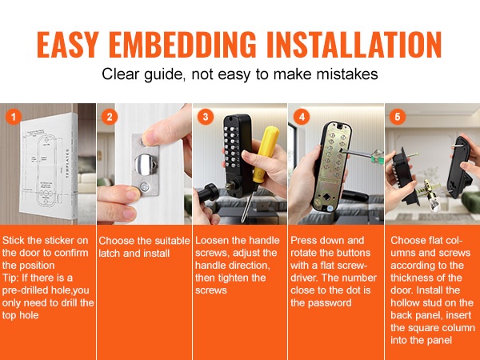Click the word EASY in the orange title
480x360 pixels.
[67, 44]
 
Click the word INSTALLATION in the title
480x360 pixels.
[354, 44]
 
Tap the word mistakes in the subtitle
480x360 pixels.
[347, 74]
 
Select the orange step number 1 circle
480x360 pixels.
[13, 117]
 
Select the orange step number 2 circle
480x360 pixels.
[110, 117]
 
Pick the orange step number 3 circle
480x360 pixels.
[206, 117]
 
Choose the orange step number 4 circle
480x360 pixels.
[302, 117]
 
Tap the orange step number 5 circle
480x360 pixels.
[398, 117]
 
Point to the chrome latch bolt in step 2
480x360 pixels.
[144, 164]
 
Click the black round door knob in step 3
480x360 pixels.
[209, 193]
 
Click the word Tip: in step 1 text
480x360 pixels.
[10, 278]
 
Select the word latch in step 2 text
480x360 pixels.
[110, 253]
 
